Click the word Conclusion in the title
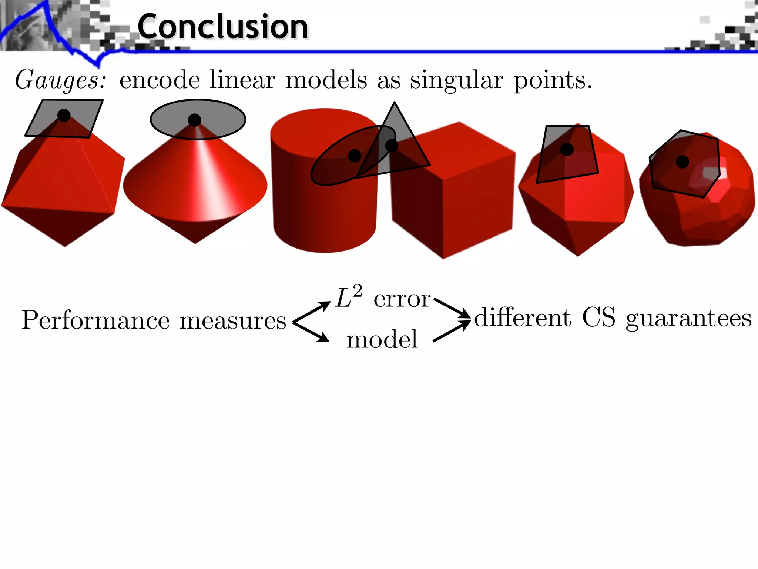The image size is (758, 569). [x=223, y=27]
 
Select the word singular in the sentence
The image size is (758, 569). [x=456, y=80]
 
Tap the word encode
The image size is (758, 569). [x=160, y=80]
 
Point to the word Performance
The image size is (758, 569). [x=95, y=320]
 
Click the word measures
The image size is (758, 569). [x=233, y=320]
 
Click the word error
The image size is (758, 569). [x=402, y=299]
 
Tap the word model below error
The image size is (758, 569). [x=382, y=339]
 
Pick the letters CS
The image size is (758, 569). [x=598, y=317]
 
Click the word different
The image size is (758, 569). [x=523, y=317]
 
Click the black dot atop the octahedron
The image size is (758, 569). [x=64, y=115]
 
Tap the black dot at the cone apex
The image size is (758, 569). [x=194, y=120]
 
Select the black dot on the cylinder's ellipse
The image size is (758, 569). [x=355, y=156]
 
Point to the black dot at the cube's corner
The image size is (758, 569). [x=391, y=145]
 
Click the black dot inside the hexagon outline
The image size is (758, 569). [x=682, y=162]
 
